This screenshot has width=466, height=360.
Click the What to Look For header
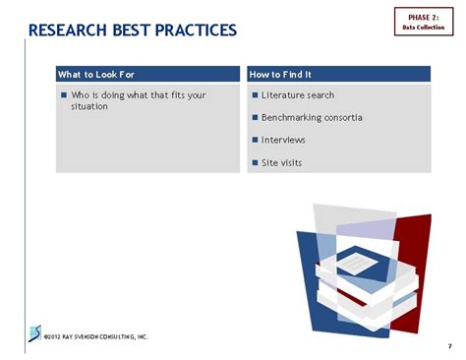tap(96, 75)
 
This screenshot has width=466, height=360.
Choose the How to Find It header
tap(281, 75)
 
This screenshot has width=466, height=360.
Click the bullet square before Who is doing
tap(64, 95)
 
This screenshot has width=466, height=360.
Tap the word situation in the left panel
tap(89, 106)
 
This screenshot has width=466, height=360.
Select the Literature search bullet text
tap(298, 95)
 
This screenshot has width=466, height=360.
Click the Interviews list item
tap(283, 140)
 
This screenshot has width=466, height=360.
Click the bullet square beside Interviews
tap(255, 140)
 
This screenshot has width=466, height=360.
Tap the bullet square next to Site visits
tap(255, 162)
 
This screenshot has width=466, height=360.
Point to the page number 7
tap(449, 345)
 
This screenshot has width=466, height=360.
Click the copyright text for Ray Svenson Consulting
tap(96, 336)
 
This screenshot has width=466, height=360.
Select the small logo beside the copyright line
tap(35, 331)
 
